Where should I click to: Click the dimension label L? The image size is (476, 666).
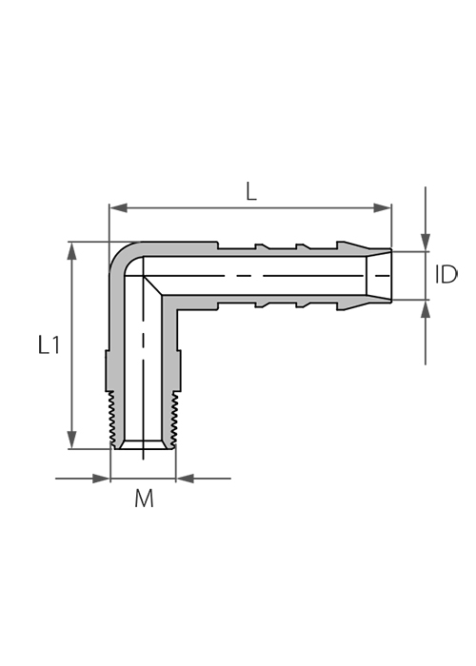(x=251, y=193)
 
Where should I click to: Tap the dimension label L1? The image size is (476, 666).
(x=49, y=344)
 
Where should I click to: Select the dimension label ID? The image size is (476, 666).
(x=446, y=275)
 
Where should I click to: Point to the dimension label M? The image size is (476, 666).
(x=144, y=499)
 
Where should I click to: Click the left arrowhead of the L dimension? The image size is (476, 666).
(x=119, y=207)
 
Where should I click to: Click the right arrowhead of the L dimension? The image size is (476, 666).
(x=382, y=207)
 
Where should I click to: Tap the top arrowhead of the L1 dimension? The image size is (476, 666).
(x=72, y=250)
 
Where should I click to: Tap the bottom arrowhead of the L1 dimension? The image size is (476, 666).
(x=72, y=440)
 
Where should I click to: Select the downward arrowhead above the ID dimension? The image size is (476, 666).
(x=426, y=242)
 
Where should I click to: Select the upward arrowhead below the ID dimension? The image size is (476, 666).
(x=426, y=309)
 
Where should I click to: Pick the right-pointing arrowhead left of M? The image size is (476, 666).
(x=101, y=479)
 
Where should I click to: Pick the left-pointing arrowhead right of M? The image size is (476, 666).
(x=186, y=479)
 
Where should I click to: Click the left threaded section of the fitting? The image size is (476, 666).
(x=111, y=419)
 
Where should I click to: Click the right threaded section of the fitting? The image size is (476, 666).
(x=174, y=419)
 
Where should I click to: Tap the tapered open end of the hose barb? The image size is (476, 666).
(x=379, y=276)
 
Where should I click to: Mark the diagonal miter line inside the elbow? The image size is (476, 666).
(x=153, y=285)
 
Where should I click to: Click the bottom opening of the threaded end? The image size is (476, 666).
(x=143, y=445)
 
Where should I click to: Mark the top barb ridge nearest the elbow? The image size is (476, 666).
(x=262, y=245)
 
